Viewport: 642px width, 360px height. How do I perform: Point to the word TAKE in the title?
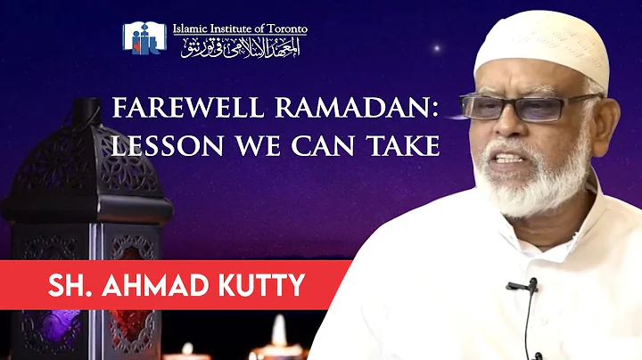(x=404, y=146)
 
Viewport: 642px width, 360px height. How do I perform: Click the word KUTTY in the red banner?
(x=263, y=287)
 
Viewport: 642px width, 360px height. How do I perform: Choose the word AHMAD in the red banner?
(x=159, y=287)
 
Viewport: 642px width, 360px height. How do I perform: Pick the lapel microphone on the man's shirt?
(x=523, y=287)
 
